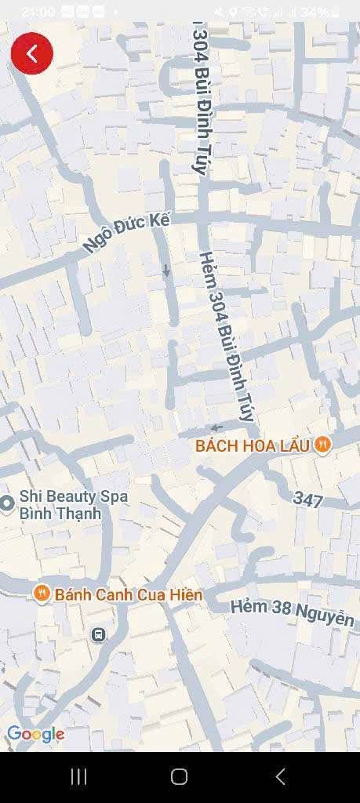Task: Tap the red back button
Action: (32, 53)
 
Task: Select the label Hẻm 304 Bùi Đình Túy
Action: (227, 337)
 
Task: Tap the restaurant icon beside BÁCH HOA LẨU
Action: (322, 445)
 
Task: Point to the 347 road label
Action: (308, 500)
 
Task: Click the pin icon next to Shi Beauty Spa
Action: (7, 503)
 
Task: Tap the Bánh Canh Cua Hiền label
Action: (129, 594)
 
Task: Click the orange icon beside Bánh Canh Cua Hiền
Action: (42, 593)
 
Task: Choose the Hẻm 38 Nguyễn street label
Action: (292, 612)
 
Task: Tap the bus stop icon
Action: (99, 634)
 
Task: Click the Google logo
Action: (35, 734)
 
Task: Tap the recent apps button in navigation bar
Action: (79, 776)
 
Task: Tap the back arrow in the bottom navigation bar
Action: (280, 776)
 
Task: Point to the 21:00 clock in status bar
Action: (38, 12)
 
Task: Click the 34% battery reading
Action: (314, 13)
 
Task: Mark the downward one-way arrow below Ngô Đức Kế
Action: (166, 271)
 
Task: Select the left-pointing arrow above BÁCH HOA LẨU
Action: (216, 427)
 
